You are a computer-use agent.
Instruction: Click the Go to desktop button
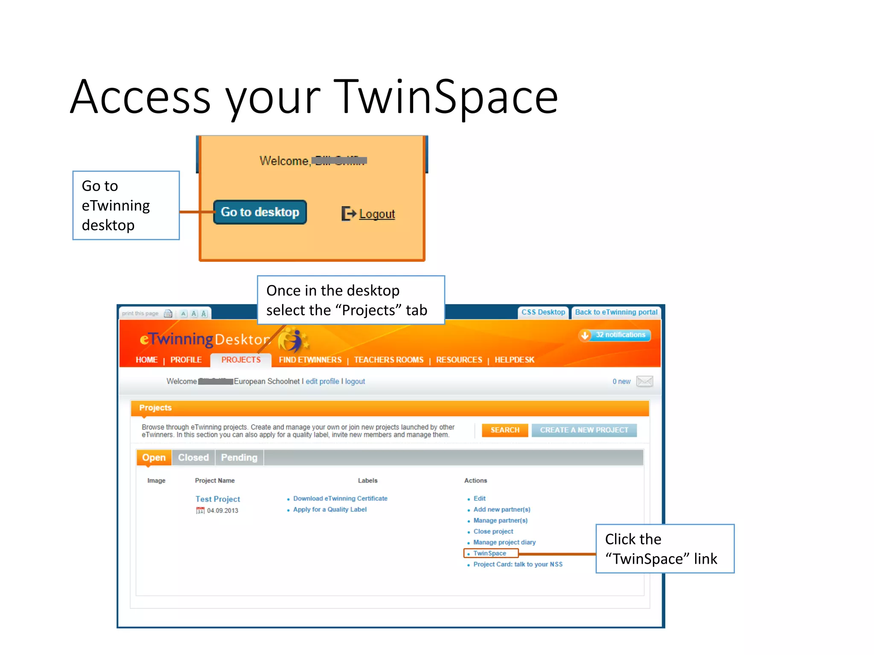(x=260, y=212)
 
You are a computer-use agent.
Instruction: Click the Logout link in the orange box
(x=376, y=214)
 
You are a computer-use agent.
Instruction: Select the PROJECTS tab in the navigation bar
(x=241, y=360)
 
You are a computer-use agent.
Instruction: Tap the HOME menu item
(x=146, y=360)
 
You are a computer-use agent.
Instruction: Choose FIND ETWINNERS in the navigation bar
(x=310, y=360)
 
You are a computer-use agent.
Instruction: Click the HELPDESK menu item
(x=514, y=360)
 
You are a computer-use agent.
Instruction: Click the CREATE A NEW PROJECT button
(x=584, y=430)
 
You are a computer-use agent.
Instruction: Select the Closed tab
(x=193, y=458)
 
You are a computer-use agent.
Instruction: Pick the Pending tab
(x=239, y=458)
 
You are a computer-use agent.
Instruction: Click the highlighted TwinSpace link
(x=489, y=554)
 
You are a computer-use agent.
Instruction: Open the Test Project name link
(x=218, y=499)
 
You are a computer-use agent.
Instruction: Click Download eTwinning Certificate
(x=340, y=498)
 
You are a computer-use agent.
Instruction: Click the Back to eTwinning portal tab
(x=616, y=312)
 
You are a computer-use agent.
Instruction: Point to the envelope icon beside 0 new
(x=644, y=381)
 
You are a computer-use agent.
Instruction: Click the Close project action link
(x=493, y=531)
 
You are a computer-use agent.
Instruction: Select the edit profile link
(x=322, y=381)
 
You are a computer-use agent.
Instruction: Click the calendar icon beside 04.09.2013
(x=200, y=510)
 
